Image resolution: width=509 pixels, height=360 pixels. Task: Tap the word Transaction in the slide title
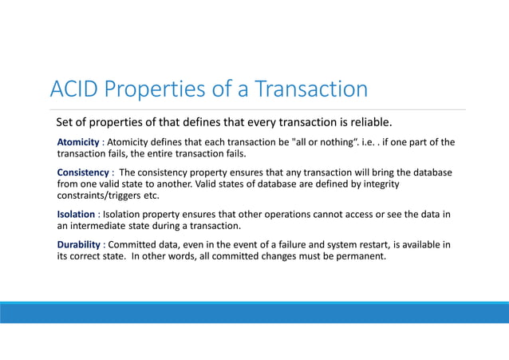pyautogui.click(x=310, y=89)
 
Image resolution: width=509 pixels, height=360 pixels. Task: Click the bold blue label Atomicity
pyautogui.click(x=78, y=142)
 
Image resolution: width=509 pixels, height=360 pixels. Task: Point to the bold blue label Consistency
pyautogui.click(x=83, y=172)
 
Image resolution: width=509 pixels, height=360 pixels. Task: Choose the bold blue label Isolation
pyautogui.click(x=76, y=214)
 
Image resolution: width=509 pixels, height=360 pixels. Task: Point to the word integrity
pyautogui.click(x=378, y=184)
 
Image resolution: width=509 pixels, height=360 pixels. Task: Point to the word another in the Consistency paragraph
pyautogui.click(x=167, y=184)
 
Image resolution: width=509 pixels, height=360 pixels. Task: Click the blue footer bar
pyautogui.click(x=254, y=312)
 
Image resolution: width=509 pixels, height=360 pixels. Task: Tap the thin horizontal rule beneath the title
pyautogui.click(x=254, y=110)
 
